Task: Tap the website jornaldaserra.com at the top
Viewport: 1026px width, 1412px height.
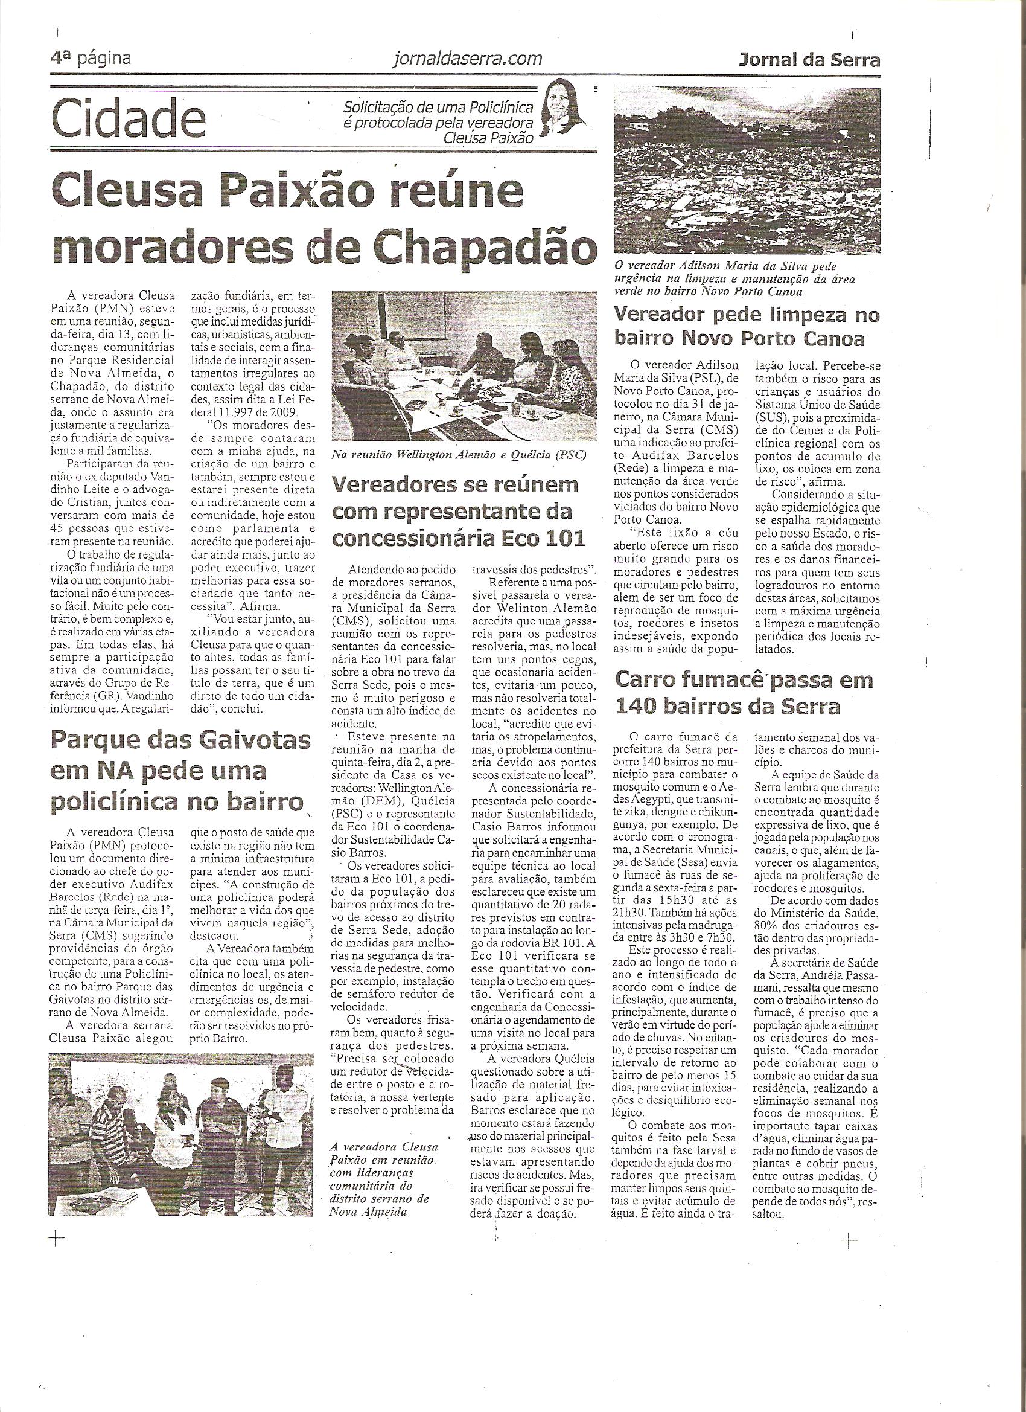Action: pos(468,59)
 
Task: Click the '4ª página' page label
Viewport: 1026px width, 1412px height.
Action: pos(92,59)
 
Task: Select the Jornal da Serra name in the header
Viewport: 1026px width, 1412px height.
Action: pos(809,60)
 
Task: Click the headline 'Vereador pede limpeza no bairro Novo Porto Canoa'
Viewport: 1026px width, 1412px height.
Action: pos(747,327)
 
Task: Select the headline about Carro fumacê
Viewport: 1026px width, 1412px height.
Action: pos(744,693)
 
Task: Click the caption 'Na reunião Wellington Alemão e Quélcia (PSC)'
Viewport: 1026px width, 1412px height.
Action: pos(458,455)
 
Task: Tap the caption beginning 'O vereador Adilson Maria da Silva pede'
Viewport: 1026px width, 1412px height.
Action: pos(734,280)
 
